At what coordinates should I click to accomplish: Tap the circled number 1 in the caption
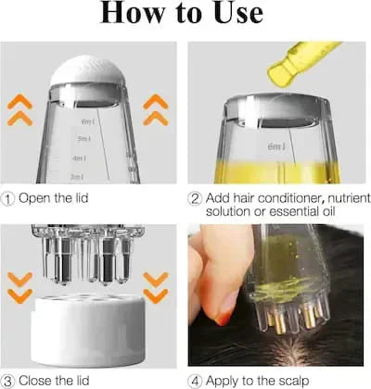[x=8, y=198]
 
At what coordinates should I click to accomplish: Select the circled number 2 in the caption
[x=196, y=198]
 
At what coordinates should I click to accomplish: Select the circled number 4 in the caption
[x=196, y=380]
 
